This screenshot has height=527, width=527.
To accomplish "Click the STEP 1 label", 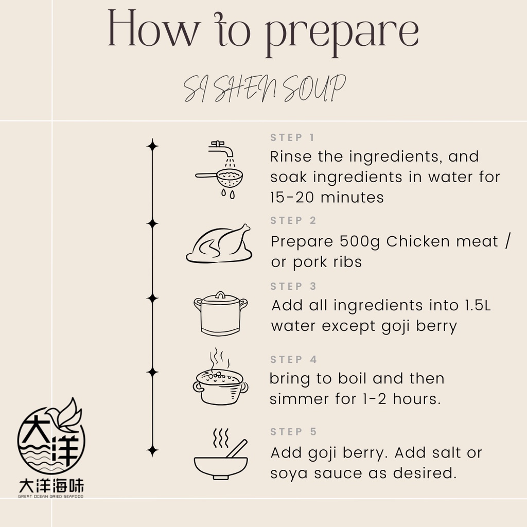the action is pyautogui.click(x=292, y=137).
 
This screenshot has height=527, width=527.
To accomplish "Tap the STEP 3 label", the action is pyautogui.click(x=293, y=286).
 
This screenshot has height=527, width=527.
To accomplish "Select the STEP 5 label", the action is pyautogui.click(x=293, y=432).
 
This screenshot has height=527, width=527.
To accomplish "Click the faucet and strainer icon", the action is pyautogui.click(x=219, y=170).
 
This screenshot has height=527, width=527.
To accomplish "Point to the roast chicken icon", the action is pyautogui.click(x=219, y=243).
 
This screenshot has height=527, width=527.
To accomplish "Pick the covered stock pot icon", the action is pyautogui.click(x=220, y=313).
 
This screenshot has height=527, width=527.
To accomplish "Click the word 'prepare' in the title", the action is pyautogui.click(x=342, y=33).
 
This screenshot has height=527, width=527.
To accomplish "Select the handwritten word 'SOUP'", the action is pyautogui.click(x=314, y=88).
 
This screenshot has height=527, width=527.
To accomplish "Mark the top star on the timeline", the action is pyautogui.click(x=152, y=146).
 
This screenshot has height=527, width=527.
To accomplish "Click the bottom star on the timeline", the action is pyautogui.click(x=152, y=450).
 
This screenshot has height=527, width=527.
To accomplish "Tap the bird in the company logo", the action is pyautogui.click(x=65, y=416).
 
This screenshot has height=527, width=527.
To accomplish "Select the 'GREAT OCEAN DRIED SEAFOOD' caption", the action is pyautogui.click(x=51, y=496).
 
